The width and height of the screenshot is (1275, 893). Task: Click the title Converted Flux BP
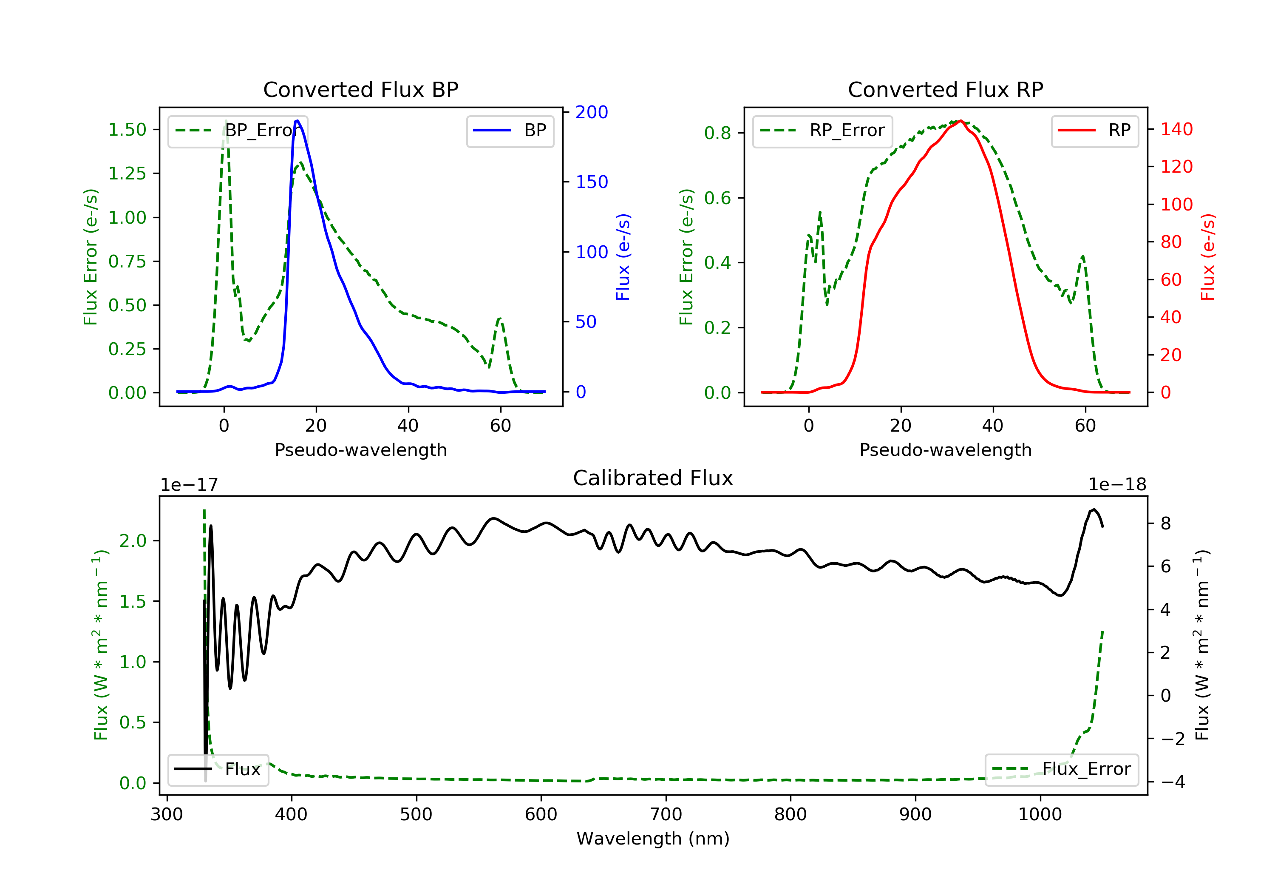click(x=360, y=89)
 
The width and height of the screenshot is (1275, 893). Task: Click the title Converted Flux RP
click(x=945, y=89)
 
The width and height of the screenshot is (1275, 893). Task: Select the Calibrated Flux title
click(x=653, y=478)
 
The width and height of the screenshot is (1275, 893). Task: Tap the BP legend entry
click(x=510, y=131)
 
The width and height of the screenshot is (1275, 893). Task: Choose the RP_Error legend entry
click(x=822, y=131)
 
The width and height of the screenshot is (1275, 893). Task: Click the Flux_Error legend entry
click(x=1061, y=769)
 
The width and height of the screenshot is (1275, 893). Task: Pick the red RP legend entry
click(x=1094, y=131)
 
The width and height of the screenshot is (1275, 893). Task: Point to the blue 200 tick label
click(x=592, y=112)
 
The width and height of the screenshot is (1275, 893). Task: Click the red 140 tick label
click(x=1177, y=129)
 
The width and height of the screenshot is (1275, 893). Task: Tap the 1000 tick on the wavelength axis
click(x=1040, y=815)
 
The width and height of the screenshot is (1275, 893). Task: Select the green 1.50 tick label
click(x=127, y=130)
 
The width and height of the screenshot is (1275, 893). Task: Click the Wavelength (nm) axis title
click(x=653, y=839)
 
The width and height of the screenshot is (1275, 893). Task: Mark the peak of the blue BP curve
click(x=297, y=121)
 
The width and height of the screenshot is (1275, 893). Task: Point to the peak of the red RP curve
click(x=960, y=121)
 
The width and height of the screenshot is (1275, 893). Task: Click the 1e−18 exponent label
click(x=1117, y=485)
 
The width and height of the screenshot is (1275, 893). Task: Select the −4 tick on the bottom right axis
click(x=1173, y=782)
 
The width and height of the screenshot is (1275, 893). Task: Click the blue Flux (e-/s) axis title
click(x=623, y=257)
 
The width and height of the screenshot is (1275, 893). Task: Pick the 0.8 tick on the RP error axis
click(x=717, y=133)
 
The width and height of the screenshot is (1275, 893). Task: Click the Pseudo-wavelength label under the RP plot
click(x=945, y=449)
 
